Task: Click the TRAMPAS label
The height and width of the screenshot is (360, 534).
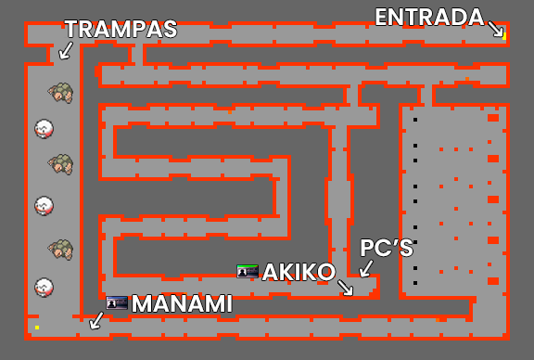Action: point(121,29)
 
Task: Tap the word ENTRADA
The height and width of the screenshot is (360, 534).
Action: point(429,17)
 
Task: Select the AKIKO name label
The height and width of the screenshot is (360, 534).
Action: point(298,272)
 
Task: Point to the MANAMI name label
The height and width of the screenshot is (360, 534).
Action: point(182,303)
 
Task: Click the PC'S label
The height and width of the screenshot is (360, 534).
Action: point(386,249)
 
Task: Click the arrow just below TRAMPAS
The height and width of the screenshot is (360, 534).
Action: point(66,49)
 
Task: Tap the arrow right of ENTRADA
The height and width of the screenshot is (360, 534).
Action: point(496,29)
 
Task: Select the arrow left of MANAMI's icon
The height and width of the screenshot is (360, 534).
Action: point(95,320)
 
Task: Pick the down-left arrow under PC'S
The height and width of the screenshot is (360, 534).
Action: point(366,269)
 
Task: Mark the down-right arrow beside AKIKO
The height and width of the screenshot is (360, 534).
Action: point(346,288)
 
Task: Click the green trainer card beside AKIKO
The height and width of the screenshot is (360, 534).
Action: point(248,271)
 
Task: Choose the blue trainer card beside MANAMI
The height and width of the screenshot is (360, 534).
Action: point(117,302)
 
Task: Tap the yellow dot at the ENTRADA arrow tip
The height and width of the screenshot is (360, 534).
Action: point(504,38)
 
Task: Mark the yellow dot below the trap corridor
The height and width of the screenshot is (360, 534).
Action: point(37,328)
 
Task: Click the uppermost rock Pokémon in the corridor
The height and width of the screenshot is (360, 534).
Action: point(61,92)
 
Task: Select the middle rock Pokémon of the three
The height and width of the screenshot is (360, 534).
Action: point(61,164)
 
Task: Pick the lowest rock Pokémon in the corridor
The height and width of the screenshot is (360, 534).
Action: point(61,249)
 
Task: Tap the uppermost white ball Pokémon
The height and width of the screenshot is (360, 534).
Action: point(44,128)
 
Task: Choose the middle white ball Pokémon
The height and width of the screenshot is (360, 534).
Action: point(44,205)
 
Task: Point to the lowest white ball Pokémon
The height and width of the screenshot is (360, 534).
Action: point(44,287)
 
